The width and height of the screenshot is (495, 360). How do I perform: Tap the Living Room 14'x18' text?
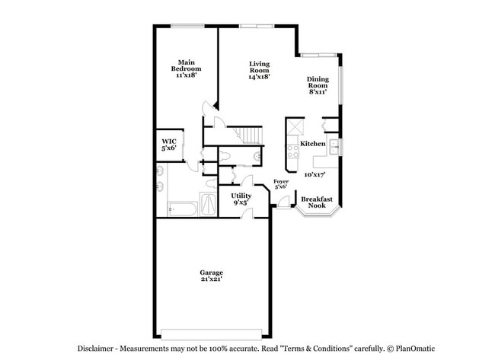[259, 70]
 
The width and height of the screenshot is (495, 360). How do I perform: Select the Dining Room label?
[318, 85]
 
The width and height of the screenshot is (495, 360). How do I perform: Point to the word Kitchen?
[313, 144]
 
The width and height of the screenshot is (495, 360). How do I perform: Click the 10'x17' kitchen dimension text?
[315, 174]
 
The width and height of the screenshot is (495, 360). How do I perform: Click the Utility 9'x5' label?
[241, 199]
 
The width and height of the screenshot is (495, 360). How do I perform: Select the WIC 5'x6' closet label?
[168, 145]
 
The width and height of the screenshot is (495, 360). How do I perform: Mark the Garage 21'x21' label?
[211, 276]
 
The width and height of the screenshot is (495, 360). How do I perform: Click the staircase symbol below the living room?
[251, 134]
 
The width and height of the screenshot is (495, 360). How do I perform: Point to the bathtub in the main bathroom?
[182, 206]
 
